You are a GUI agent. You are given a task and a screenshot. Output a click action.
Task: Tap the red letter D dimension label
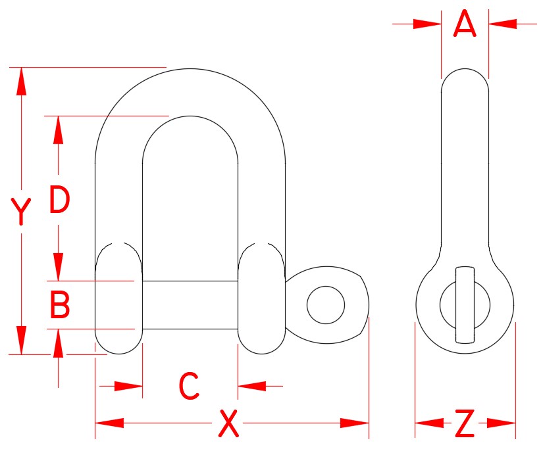tap(59, 201)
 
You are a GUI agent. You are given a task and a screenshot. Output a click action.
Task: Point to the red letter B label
tap(60, 305)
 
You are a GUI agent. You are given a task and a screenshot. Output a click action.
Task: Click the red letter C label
tap(190, 386)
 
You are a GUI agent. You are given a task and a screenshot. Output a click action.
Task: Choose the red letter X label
tap(228, 423)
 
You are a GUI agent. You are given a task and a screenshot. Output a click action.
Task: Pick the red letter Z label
tap(465, 424)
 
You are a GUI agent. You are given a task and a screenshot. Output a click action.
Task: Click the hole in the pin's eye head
tap(326, 304)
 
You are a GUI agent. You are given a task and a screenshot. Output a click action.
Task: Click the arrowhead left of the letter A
tap(427, 24)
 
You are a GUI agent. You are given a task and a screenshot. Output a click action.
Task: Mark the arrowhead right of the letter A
tap(502, 24)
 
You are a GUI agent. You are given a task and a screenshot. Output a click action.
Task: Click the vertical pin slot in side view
tap(465, 304)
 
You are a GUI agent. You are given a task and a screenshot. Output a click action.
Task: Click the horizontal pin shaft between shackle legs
tap(190, 304)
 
